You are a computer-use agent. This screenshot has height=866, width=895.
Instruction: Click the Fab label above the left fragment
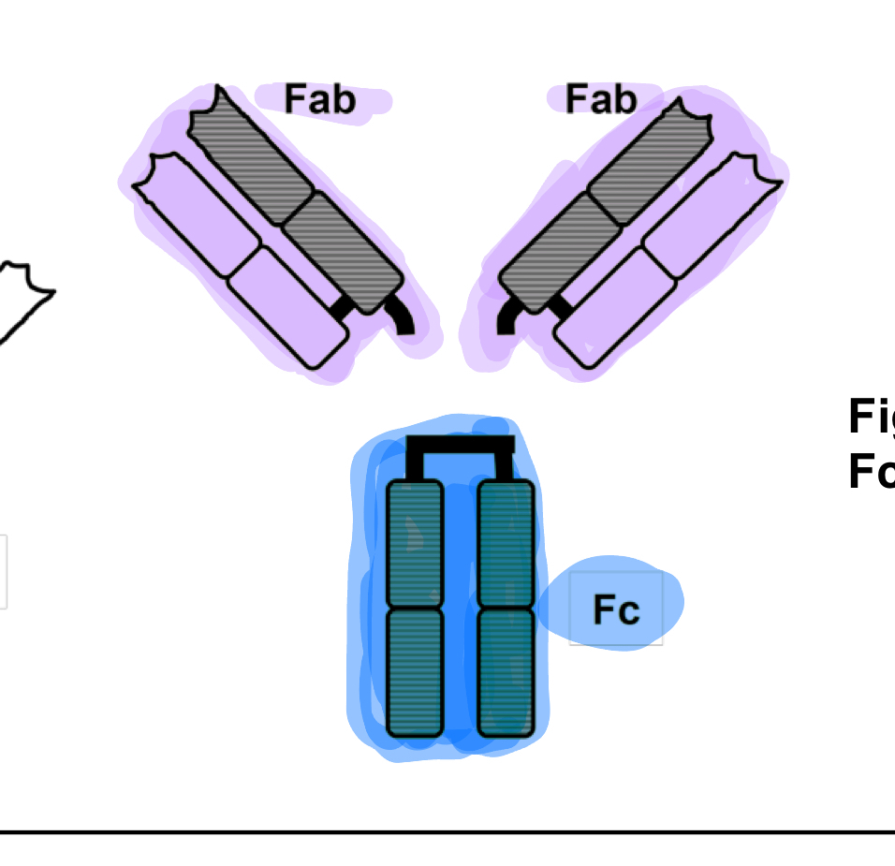(x=320, y=98)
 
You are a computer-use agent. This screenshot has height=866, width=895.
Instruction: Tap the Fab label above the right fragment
(x=601, y=98)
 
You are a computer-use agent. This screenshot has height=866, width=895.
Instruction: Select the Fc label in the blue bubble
(x=616, y=609)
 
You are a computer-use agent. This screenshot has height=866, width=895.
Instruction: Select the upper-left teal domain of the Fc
(x=415, y=543)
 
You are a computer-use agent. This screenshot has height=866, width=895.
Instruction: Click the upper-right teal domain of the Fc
(x=506, y=543)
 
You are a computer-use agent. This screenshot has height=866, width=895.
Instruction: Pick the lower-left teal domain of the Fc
(x=415, y=672)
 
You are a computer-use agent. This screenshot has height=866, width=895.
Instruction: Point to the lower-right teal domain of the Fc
(x=506, y=672)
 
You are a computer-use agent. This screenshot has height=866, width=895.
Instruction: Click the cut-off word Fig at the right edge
(x=871, y=417)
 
